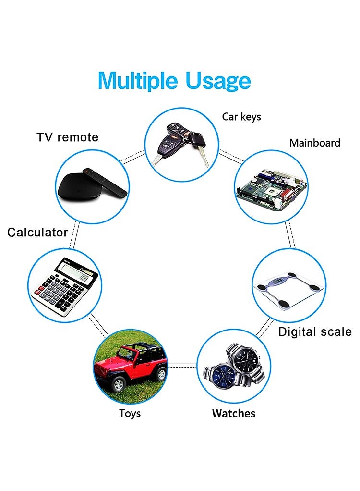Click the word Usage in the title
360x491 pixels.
[218, 81]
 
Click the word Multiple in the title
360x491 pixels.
[138, 81]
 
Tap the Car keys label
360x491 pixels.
[241, 117]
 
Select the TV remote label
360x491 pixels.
[68, 137]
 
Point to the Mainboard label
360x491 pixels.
[315, 143]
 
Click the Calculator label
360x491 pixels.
[37, 233]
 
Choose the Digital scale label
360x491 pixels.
[315, 332]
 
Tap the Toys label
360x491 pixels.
[130, 414]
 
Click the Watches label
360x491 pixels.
[234, 413]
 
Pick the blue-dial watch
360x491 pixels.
[221, 376]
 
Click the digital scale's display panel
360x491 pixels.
[276, 281]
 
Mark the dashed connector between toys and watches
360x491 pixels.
[182, 365]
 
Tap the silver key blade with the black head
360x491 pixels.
[204, 157]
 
